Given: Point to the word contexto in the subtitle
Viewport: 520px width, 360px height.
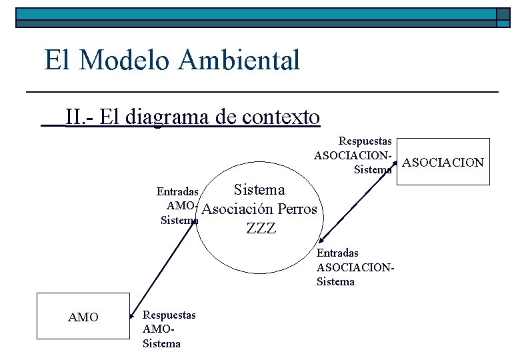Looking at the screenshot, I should tap(281, 117).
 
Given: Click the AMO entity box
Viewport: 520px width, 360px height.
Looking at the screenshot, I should tap(83, 317).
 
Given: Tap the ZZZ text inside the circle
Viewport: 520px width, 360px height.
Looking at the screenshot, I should tap(261, 229).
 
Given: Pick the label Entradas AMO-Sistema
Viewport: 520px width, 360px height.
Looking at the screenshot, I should tap(178, 205).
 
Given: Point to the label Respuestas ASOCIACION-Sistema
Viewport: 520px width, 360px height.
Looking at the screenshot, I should tap(353, 155).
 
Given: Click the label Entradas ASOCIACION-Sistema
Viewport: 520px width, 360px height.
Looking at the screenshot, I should tap(355, 267).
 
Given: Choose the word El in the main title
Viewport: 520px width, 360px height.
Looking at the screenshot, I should tap(56, 60).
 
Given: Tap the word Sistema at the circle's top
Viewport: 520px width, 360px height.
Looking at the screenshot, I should tap(259, 190).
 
